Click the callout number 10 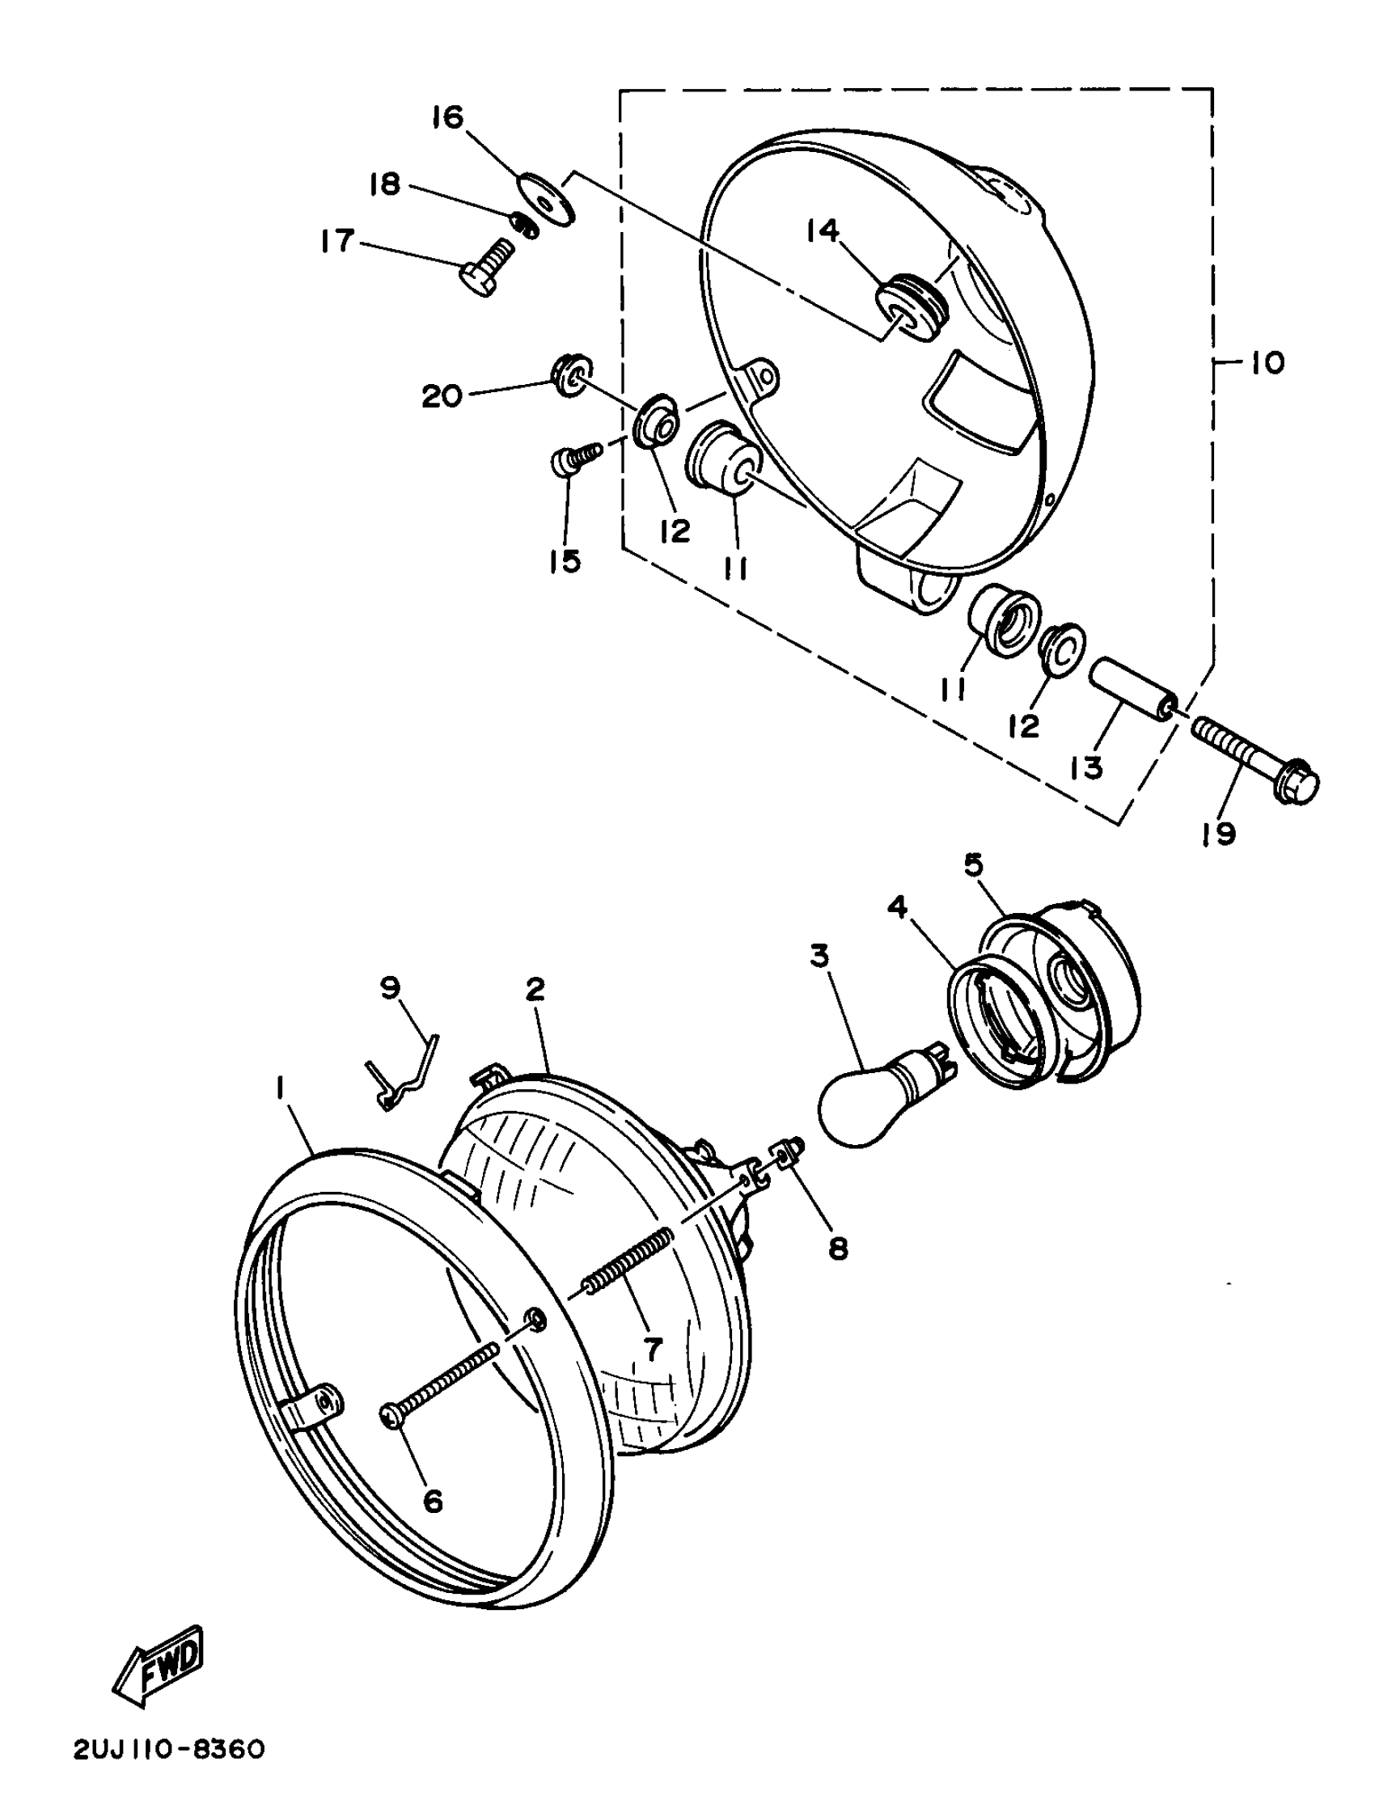click(x=1267, y=363)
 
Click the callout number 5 click(x=974, y=865)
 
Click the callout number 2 click(x=535, y=991)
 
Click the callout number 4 click(x=897, y=909)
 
